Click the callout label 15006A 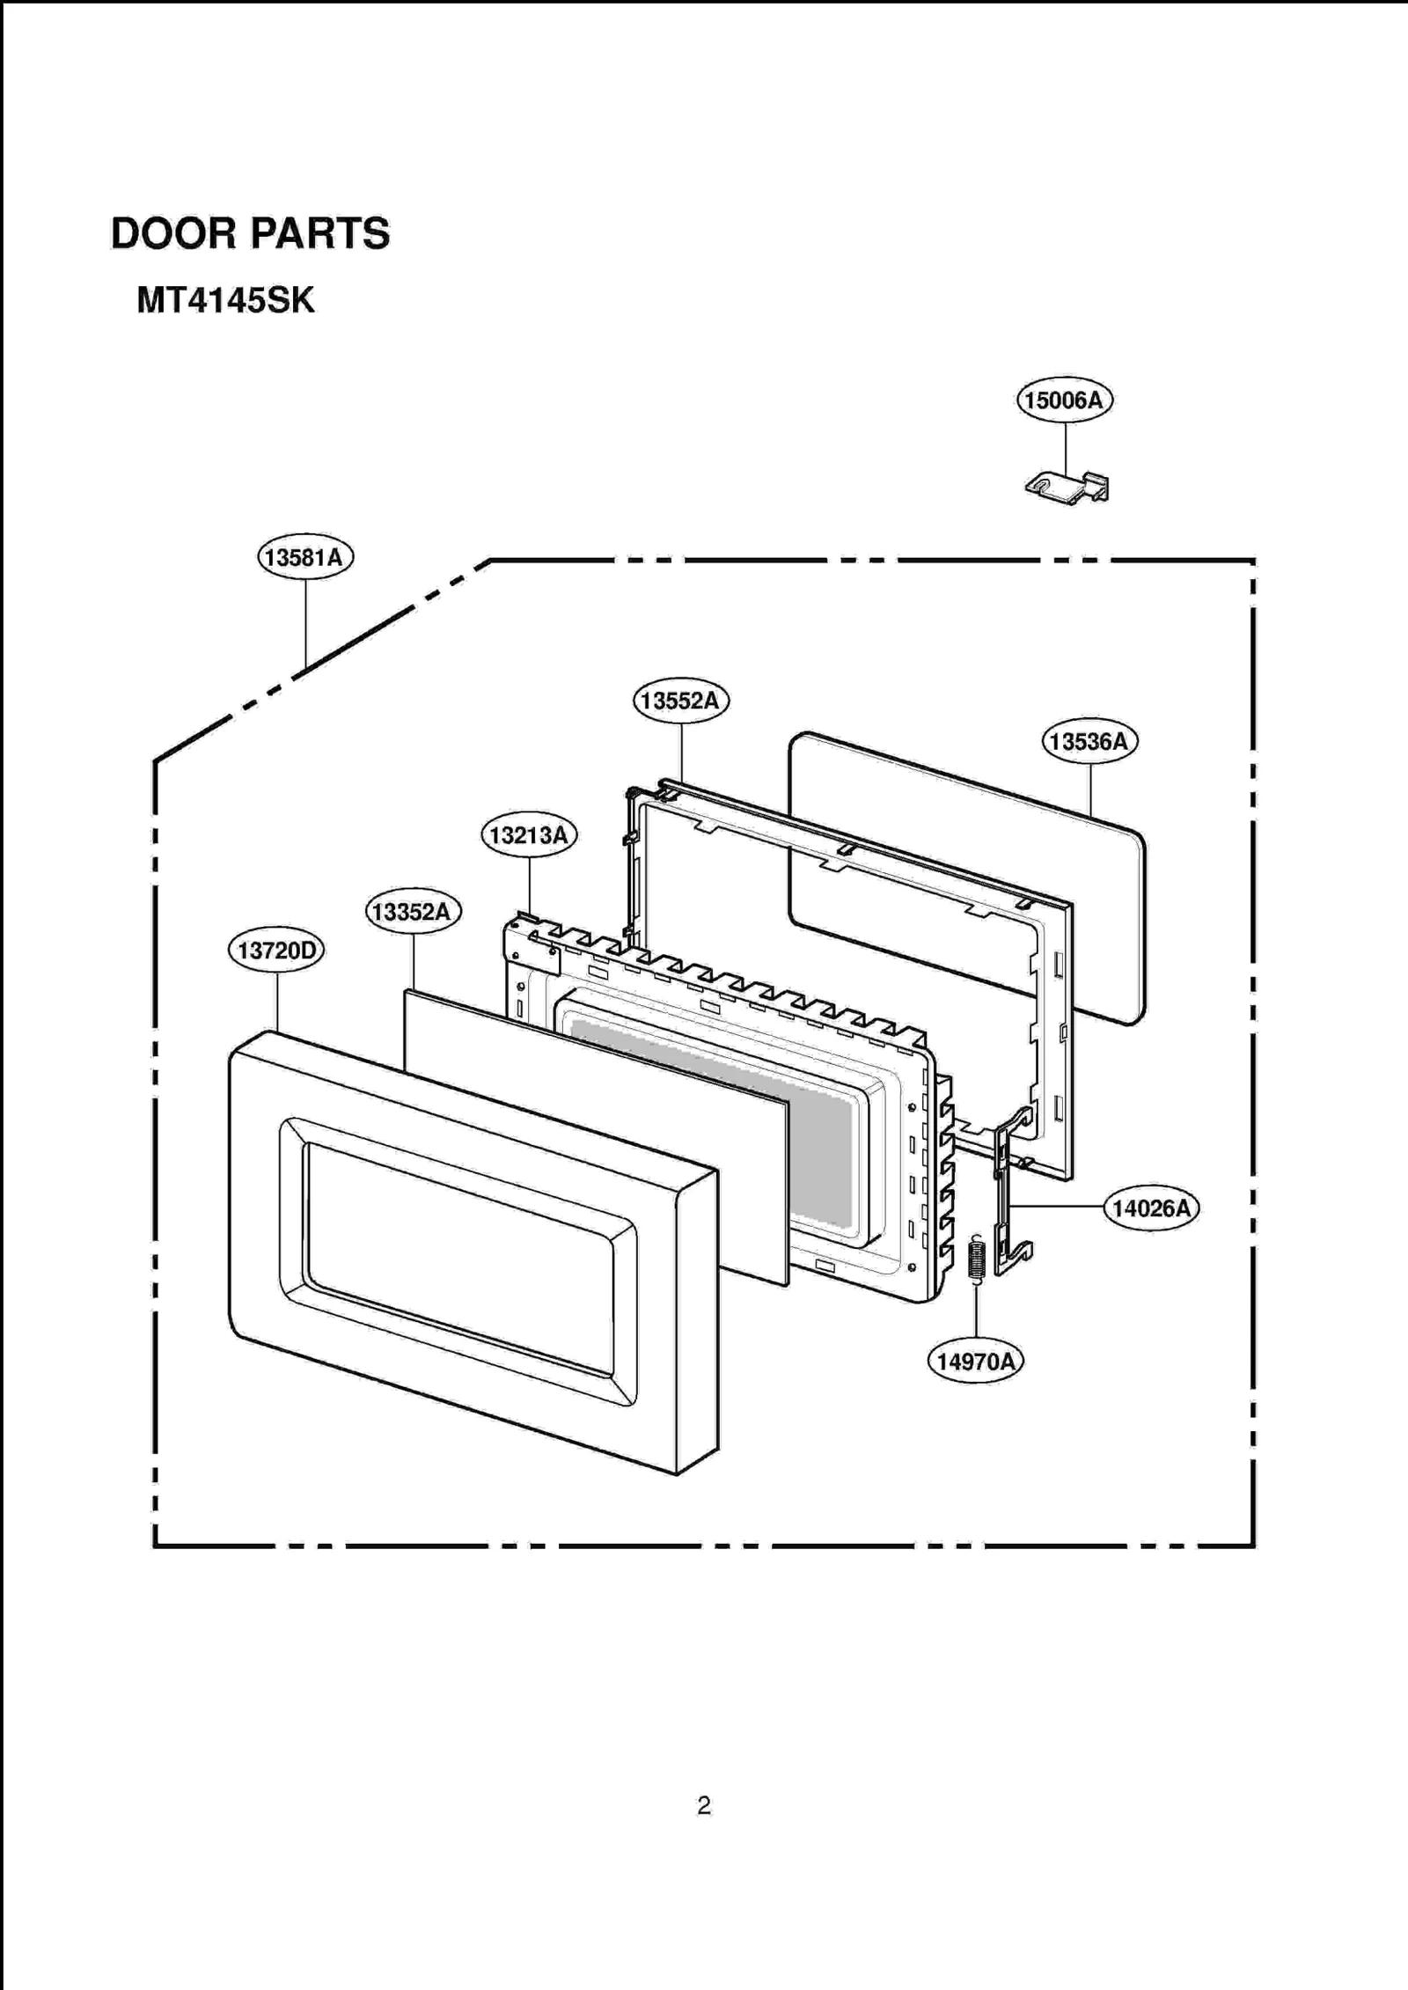pos(1064,400)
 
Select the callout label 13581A pos(305,557)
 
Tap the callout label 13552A pos(680,701)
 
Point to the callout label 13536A pos(1089,741)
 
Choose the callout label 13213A pos(529,834)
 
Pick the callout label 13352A pos(413,911)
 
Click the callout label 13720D pos(276,951)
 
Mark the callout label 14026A pos(1150,1208)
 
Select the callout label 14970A pos(975,1362)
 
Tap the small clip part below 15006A pos(1067,487)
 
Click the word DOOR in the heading pos(173,234)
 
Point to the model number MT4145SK pos(225,301)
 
